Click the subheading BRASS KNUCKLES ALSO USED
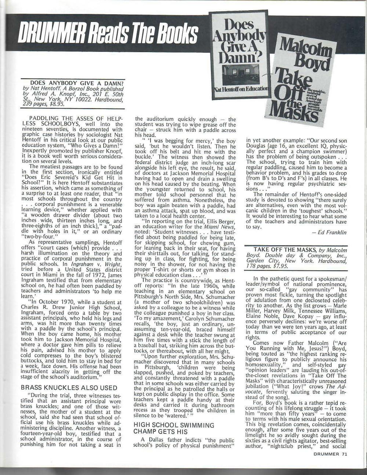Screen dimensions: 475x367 69,388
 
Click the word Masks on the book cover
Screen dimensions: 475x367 299,116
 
